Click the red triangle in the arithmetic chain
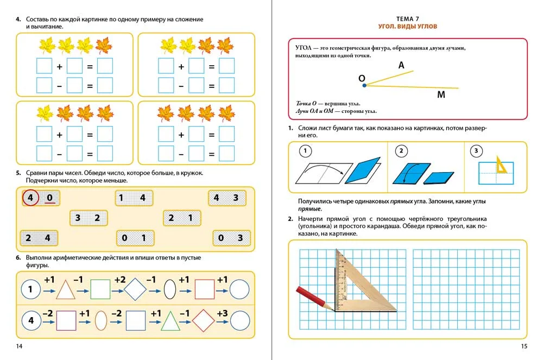[x=65, y=289]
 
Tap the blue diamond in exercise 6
[x=135, y=289]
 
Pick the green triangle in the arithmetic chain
[x=170, y=320]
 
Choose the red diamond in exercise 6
[x=204, y=320]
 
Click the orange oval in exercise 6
[x=100, y=320]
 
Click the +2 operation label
[x=119, y=280]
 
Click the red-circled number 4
[x=30, y=198]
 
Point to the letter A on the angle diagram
[x=401, y=65]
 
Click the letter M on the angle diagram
[x=441, y=95]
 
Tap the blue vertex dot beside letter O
[x=364, y=85]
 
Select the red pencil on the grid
[x=314, y=298]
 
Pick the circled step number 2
[x=402, y=151]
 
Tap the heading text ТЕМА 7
[x=407, y=18]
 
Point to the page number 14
[x=19, y=347]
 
